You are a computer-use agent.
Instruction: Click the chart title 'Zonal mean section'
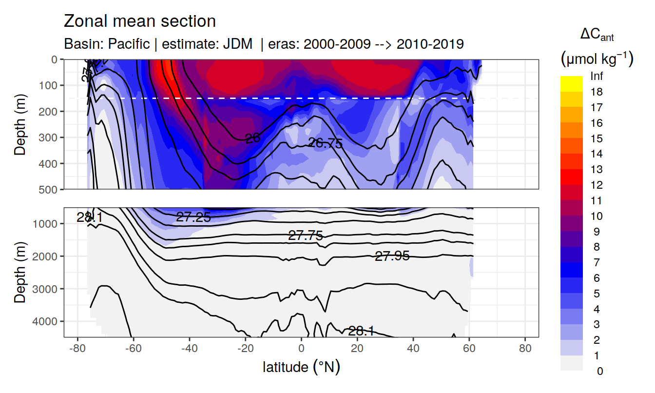[140, 21]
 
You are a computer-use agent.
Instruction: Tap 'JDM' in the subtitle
[238, 44]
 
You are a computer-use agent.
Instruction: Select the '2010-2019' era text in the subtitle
[430, 44]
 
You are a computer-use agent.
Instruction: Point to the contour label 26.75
[326, 143]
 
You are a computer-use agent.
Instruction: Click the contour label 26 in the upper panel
[252, 138]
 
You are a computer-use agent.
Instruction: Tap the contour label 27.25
[193, 217]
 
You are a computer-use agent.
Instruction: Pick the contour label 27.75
[306, 236]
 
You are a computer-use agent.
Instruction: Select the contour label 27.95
[392, 255]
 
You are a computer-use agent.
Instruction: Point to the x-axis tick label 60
[469, 350]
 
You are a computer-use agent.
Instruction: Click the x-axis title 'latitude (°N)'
[301, 367]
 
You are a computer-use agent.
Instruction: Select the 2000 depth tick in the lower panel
[47, 256]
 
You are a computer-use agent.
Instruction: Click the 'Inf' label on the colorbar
[596, 77]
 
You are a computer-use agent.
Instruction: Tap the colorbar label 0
[599, 371]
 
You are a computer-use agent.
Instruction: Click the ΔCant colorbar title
[597, 35]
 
